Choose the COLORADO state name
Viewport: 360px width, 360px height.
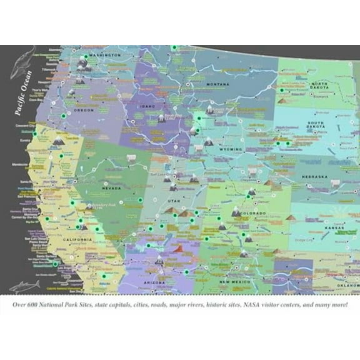pyautogui.click(x=253, y=214)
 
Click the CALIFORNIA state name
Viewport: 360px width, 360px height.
pyautogui.click(x=77, y=239)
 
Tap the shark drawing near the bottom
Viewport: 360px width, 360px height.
pyautogui.click(x=24, y=286)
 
